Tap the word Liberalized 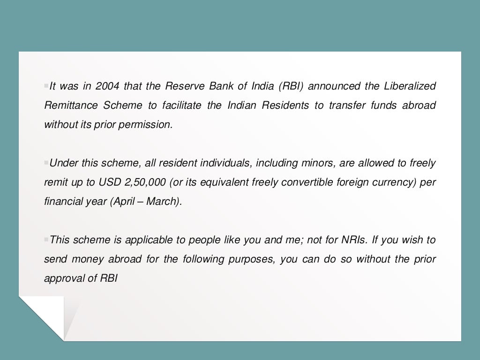coord(410,86)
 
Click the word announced coord(334,86)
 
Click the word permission coord(149,125)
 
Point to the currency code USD coord(109,182)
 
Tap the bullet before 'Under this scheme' coord(46,163)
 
